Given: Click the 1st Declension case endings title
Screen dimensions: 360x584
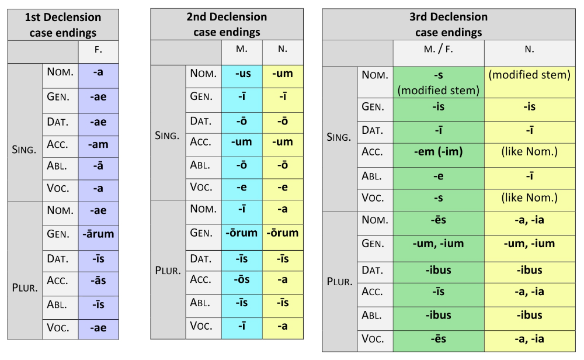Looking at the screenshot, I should click(x=62, y=25).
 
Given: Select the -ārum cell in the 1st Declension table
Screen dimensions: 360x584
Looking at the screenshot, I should click(x=98, y=234).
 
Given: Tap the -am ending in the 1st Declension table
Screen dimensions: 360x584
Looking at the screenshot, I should click(x=98, y=144).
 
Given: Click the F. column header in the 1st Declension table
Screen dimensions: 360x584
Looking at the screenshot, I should click(x=98, y=51).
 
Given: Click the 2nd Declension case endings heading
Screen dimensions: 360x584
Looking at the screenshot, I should click(x=227, y=25).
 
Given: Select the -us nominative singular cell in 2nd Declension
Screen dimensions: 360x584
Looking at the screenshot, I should click(x=242, y=75).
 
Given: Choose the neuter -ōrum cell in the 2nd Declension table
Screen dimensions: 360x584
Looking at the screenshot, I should click(x=283, y=233).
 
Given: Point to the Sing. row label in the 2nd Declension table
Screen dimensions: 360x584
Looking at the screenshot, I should click(x=168, y=135).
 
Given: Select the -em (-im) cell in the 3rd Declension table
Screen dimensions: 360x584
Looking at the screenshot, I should click(x=439, y=152).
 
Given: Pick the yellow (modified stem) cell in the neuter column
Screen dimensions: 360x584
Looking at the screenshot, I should click(x=529, y=75).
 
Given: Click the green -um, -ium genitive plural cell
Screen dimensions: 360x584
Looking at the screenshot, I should click(x=439, y=244).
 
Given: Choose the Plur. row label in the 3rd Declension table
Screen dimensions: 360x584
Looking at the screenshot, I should click(x=339, y=282).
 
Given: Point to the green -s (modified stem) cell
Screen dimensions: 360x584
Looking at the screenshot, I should click(x=439, y=82).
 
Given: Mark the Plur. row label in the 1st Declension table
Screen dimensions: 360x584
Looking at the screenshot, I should click(x=25, y=287).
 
